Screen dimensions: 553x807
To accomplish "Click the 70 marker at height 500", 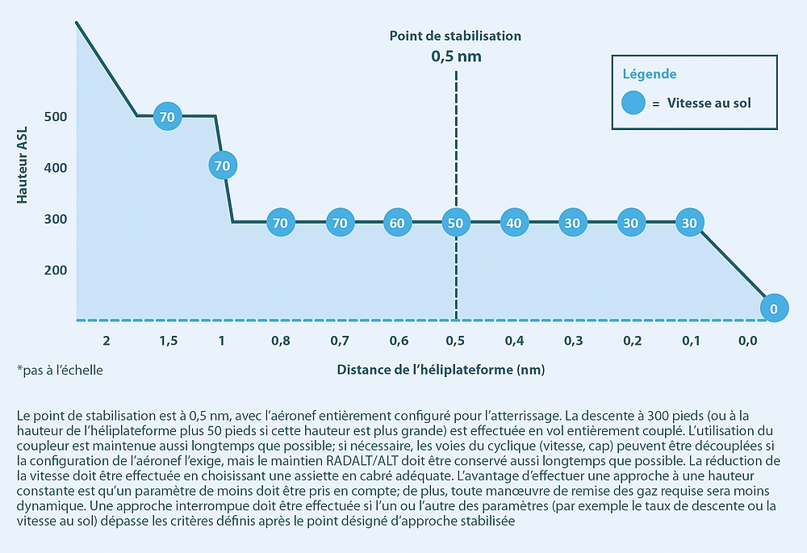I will (167, 116).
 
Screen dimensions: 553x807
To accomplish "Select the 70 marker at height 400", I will (223, 165).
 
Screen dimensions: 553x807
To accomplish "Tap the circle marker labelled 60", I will (396, 222).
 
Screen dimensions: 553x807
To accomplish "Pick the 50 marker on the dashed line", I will (455, 222).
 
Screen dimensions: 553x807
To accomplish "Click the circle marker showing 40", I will (514, 222).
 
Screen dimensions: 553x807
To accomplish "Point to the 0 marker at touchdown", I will (773, 308).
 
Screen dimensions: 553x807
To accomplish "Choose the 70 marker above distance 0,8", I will (281, 222).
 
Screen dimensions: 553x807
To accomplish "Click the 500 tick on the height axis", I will (56, 117).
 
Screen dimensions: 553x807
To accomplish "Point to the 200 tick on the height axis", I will (56, 270).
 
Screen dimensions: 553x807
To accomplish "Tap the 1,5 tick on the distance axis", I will (168, 341).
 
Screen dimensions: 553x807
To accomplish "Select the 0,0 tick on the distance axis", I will (747, 341).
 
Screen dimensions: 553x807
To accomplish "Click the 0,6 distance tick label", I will (398, 341).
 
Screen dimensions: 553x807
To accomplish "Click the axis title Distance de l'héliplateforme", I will (441, 370).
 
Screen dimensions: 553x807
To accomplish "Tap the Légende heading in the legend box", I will (649, 74).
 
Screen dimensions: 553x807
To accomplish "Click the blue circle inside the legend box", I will (633, 103).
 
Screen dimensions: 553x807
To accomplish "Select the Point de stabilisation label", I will (455, 36).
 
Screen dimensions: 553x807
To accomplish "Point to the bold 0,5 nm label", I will (455, 57).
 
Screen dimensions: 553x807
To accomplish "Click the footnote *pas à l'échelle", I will (60, 370).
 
